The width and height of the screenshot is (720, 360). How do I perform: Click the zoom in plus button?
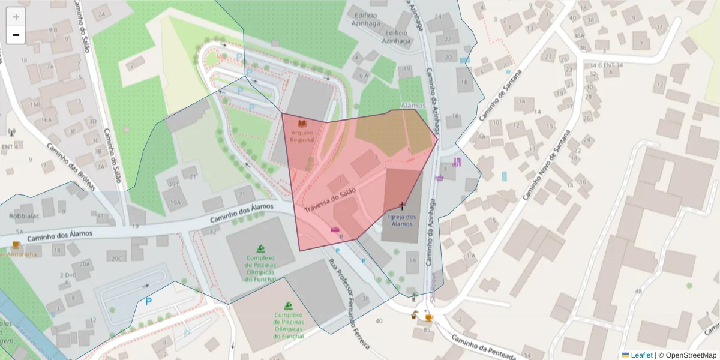(x=16, y=17)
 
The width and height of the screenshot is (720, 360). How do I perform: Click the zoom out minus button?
(x=16, y=35)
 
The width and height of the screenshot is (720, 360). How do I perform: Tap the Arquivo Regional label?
(x=302, y=136)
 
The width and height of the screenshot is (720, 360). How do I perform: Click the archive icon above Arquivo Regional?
(x=302, y=124)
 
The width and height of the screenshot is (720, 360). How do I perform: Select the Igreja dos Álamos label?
(x=402, y=220)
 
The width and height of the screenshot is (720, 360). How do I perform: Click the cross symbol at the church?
(x=402, y=206)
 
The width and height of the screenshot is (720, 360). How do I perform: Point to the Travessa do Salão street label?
(x=330, y=200)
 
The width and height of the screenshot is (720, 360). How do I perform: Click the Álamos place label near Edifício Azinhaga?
(x=412, y=106)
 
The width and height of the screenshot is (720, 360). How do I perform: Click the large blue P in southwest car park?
(x=148, y=301)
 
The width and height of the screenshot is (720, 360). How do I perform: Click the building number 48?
(x=638, y=291)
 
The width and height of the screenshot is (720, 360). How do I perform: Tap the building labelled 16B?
(x=35, y=104)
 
